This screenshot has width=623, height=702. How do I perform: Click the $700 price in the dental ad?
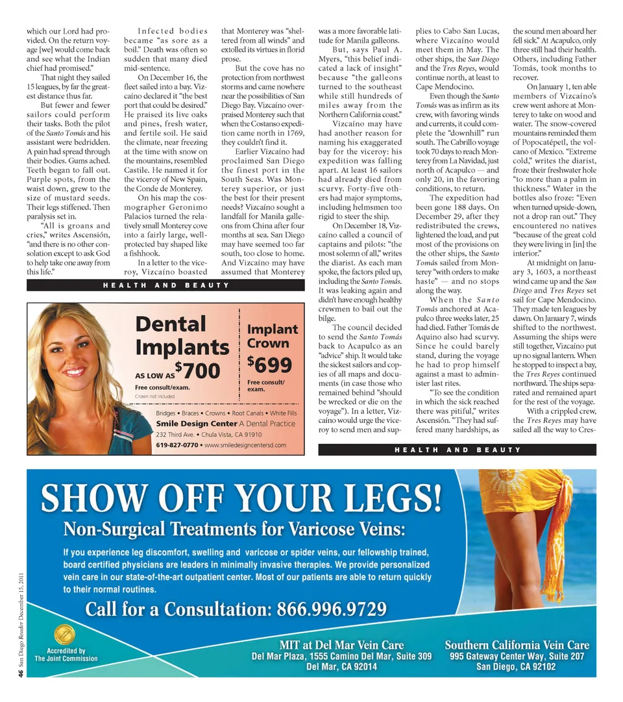(x=199, y=371)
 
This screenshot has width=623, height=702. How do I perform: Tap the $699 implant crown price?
(x=269, y=365)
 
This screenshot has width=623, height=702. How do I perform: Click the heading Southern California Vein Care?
(x=517, y=645)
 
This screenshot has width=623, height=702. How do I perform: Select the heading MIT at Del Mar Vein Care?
(x=342, y=645)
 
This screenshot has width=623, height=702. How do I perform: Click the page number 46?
(x=21, y=675)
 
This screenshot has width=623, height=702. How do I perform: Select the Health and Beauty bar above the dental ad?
(x=165, y=285)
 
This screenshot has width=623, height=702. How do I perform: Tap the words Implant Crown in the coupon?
(x=272, y=336)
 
